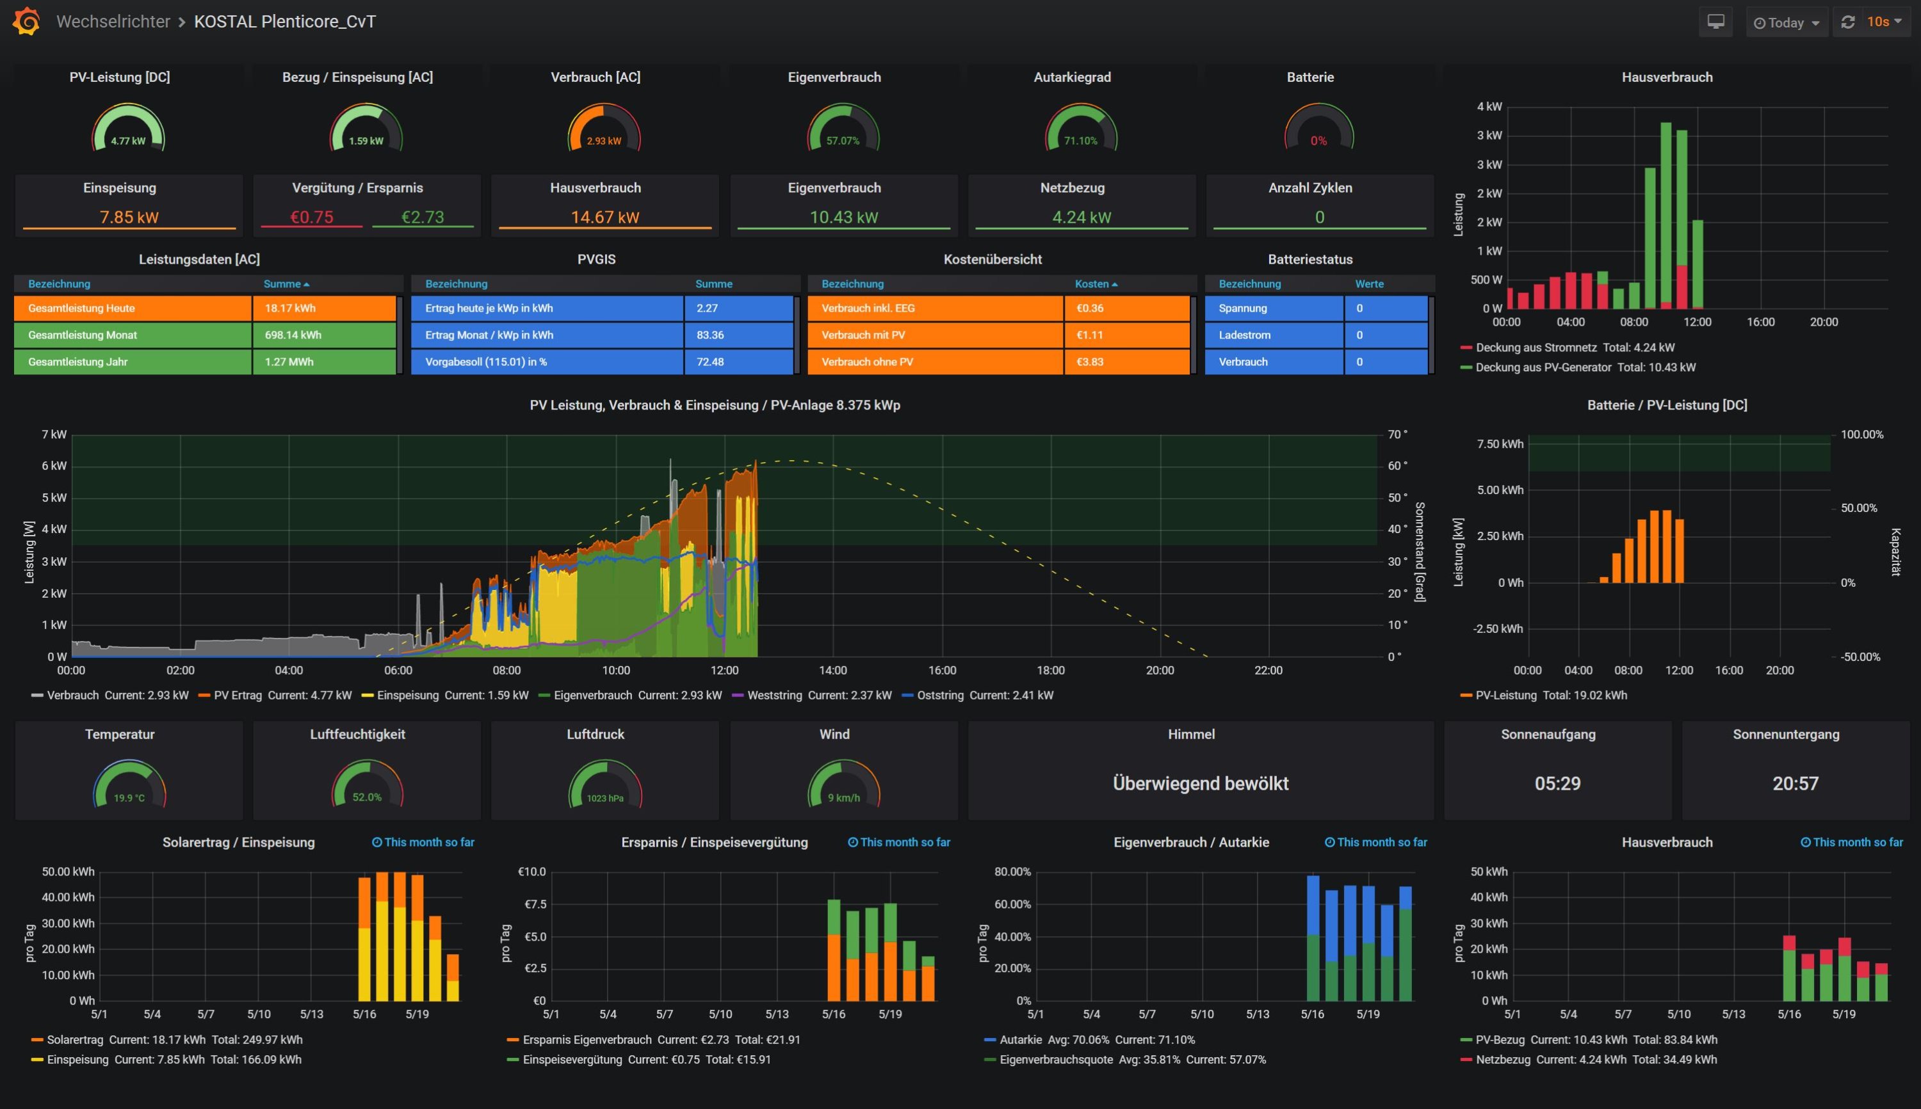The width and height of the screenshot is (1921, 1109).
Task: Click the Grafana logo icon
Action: click(27, 21)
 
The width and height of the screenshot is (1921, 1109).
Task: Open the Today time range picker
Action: click(1785, 22)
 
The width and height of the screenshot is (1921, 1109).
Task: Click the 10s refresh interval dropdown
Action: click(1883, 21)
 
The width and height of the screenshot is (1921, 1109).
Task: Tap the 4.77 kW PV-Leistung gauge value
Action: click(128, 141)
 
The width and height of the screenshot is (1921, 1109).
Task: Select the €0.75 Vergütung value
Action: click(312, 217)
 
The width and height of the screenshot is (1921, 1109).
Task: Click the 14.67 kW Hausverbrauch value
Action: click(605, 217)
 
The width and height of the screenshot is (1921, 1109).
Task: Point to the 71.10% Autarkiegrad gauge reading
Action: click(1080, 141)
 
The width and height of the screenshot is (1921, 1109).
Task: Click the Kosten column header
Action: click(1092, 284)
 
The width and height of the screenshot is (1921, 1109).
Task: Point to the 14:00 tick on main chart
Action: click(833, 670)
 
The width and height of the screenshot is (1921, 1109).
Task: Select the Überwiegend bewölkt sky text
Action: click(1200, 784)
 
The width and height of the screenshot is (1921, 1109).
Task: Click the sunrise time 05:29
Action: click(1557, 784)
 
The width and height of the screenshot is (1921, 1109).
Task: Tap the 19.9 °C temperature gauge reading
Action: click(129, 798)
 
